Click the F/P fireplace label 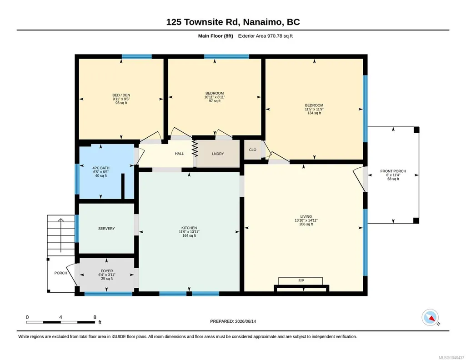pos(301,281)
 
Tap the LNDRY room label pos(218,154)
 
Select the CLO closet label pos(253,150)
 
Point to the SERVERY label pos(106,229)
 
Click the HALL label pos(179,154)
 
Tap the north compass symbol pos(431,318)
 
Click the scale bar pos(60,322)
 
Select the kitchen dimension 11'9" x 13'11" pos(189,232)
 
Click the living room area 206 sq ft pos(306,224)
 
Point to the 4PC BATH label pos(101,168)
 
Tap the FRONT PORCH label pos(393,171)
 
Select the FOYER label pos(107,271)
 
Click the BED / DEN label pos(121,95)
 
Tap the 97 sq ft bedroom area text pos(215,101)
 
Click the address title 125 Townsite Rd pos(203,22)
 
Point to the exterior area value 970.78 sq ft pos(280,36)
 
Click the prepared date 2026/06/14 pos(246,321)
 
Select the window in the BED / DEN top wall pos(137,56)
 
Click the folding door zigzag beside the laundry pos(195,149)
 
